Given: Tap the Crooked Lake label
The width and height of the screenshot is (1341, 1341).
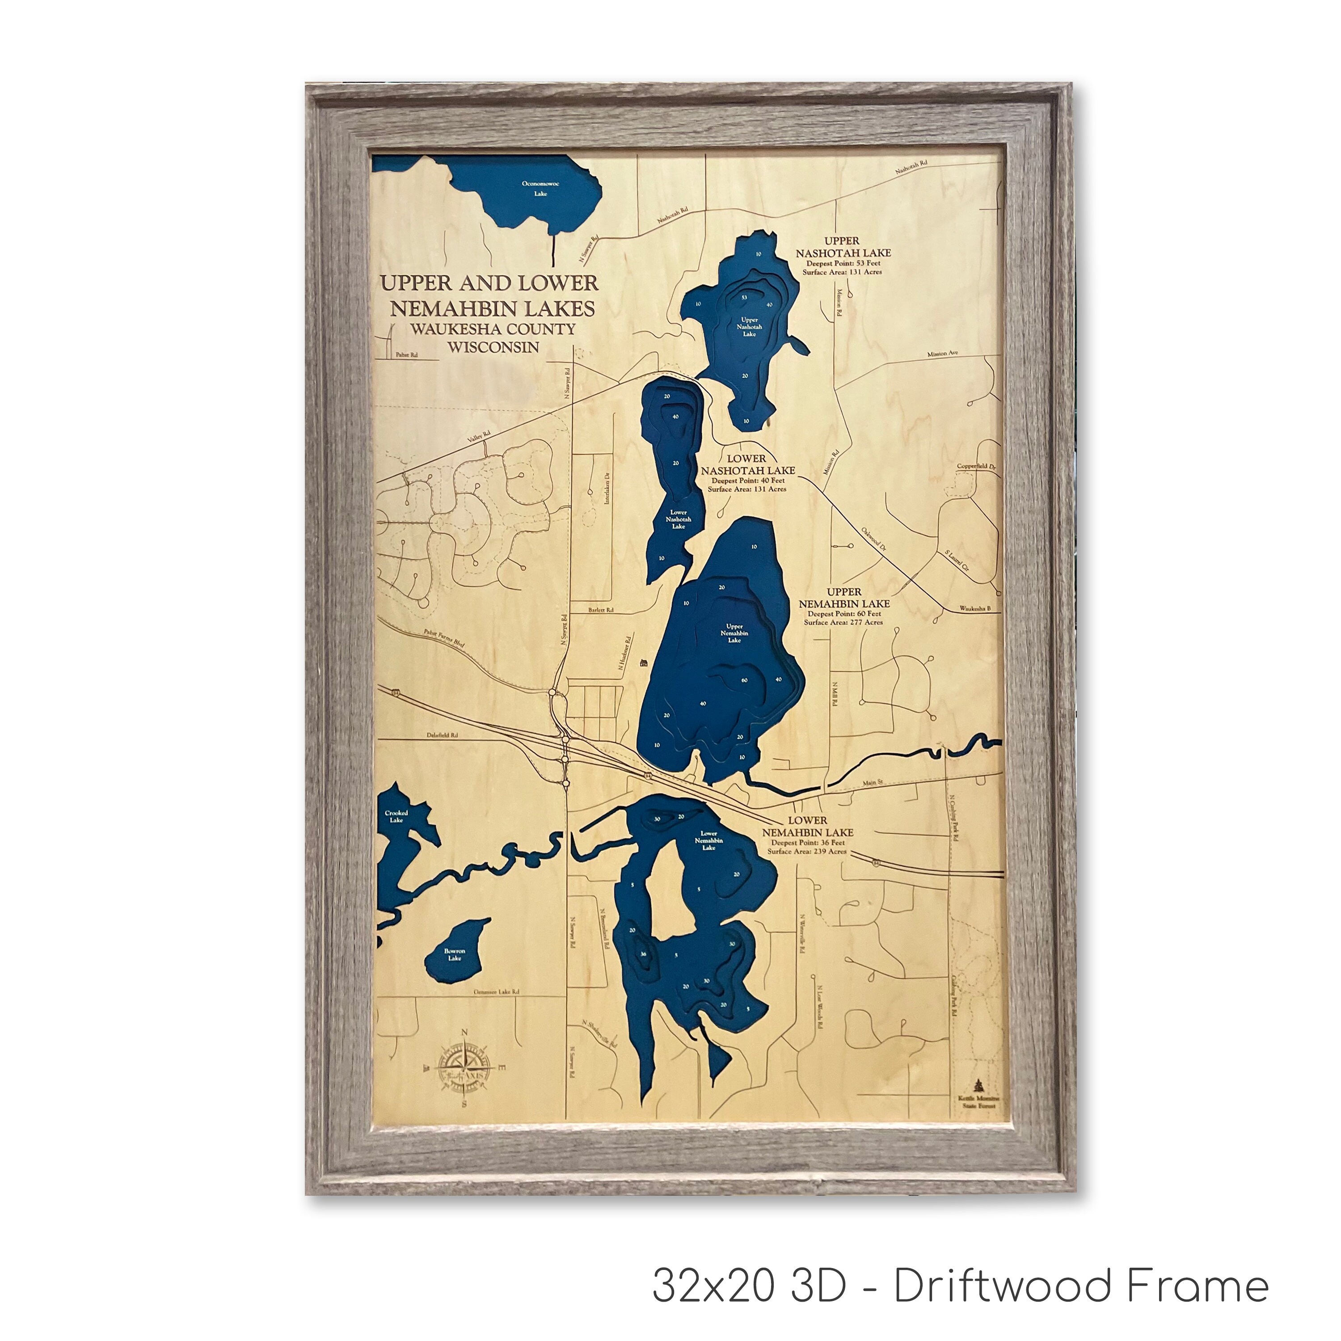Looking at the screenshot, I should click(396, 816).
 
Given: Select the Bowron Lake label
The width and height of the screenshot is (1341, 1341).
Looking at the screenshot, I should click(455, 954).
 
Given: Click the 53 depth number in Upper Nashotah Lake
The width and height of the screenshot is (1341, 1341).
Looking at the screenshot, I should click(744, 297).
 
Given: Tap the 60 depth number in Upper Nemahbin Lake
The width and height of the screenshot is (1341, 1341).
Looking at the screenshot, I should click(744, 680).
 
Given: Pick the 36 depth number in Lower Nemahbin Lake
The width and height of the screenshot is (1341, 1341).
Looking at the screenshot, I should click(643, 954).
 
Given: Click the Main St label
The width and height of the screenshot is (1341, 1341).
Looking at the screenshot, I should click(872, 783).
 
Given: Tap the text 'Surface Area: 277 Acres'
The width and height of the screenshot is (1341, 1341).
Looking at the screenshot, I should click(843, 622).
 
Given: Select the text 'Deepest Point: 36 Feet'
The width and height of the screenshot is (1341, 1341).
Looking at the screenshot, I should click(809, 843).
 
